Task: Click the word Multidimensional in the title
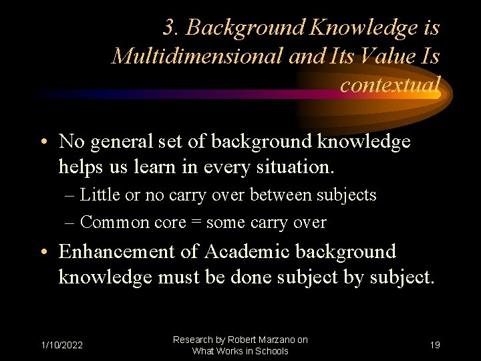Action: (x=198, y=56)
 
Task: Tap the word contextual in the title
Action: (x=389, y=85)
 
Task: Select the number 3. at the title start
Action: (x=172, y=27)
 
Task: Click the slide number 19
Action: (x=435, y=345)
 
